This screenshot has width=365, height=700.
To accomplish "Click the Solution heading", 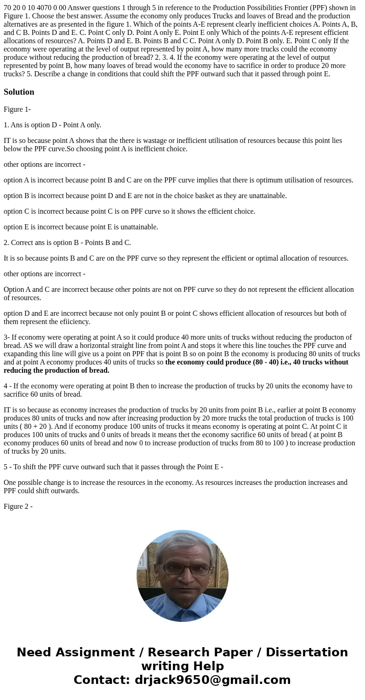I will click(19, 92).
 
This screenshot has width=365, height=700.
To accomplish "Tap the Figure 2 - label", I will click(18, 507).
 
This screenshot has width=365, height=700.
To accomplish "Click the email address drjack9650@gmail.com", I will click(212, 680).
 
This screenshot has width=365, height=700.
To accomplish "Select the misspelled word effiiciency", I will click(74, 322).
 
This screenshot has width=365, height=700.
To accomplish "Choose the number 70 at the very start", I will click(7, 7).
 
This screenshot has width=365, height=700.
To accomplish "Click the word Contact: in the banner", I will click(102, 680).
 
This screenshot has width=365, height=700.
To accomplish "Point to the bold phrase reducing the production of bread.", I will click(57, 370).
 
